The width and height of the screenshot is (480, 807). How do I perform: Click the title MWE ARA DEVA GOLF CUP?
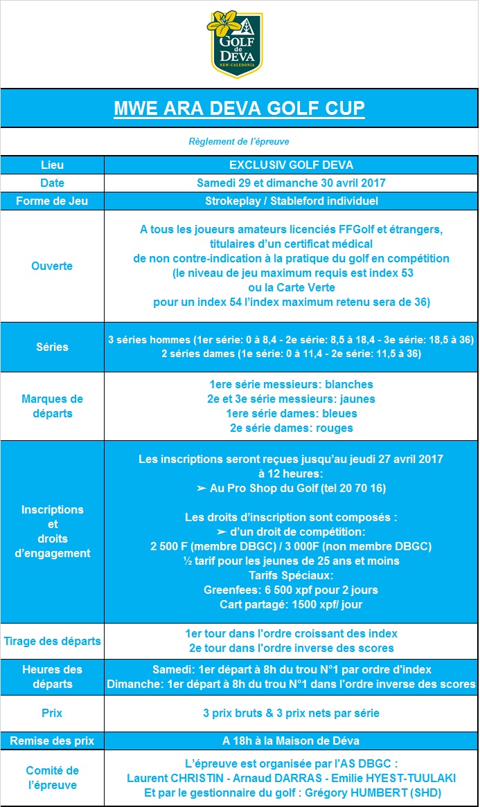point(240,109)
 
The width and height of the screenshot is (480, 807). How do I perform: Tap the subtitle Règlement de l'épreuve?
point(239,141)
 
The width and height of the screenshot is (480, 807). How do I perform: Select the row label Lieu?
point(52,165)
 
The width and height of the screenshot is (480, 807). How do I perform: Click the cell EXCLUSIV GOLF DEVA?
point(291,165)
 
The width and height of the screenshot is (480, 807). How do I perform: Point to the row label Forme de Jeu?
point(52,201)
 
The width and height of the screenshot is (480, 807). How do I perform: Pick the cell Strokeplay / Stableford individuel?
point(291,201)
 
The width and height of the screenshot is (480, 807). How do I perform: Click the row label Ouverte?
point(52,266)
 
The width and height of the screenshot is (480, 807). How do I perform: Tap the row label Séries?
point(52,347)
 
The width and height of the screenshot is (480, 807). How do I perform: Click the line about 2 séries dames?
point(291,354)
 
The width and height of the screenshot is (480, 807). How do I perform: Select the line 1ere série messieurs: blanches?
point(291,384)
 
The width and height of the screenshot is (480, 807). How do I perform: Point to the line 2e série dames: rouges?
point(291,428)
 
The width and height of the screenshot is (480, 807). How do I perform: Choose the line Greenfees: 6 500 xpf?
point(291,590)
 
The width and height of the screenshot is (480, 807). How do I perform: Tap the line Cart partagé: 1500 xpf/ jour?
point(291,604)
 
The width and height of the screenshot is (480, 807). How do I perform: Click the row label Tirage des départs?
point(52,641)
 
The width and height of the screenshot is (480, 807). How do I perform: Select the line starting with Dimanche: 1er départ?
point(291,684)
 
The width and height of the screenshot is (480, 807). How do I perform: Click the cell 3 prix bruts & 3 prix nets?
point(291,713)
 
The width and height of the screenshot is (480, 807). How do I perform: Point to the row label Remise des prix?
point(52,741)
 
